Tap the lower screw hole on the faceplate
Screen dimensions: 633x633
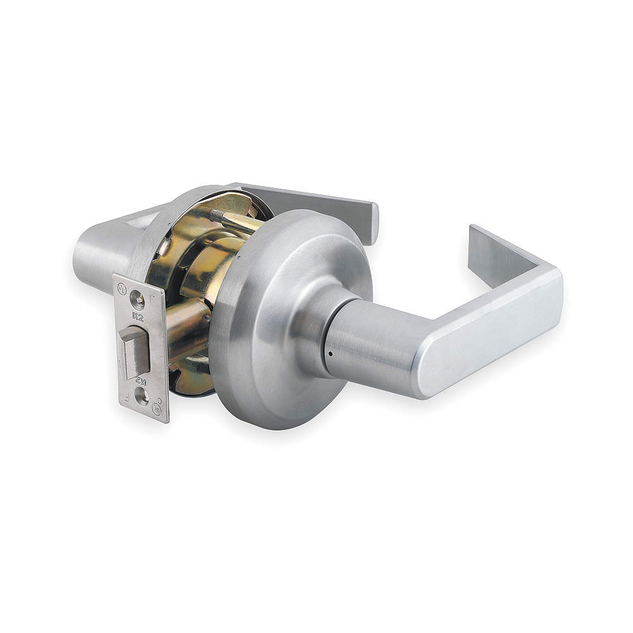coord(141,397)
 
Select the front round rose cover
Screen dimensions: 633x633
coord(279,316)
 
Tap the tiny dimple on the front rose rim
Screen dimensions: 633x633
coord(239,258)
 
